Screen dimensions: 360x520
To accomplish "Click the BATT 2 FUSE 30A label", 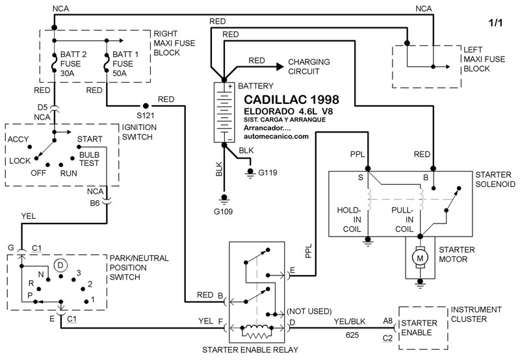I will (73, 64).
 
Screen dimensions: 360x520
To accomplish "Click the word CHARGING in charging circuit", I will (309, 61).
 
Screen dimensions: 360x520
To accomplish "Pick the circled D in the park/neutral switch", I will (60, 264).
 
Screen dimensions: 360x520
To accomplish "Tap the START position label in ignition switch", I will (89, 139).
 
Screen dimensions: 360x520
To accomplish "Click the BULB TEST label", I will (89, 159).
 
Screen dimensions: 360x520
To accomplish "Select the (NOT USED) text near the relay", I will (309, 311).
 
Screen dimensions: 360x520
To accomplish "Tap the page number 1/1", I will (495, 23).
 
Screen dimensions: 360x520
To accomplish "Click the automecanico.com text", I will (276, 136).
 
